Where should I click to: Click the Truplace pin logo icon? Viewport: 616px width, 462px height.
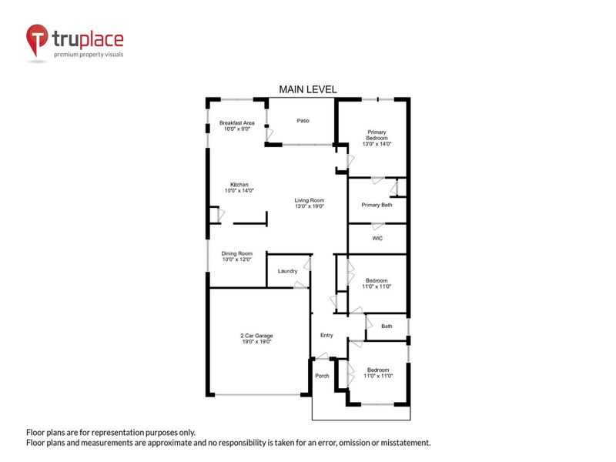point(37,40)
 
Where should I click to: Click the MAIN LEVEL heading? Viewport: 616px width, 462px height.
point(308,90)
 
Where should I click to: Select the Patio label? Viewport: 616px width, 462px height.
point(304,121)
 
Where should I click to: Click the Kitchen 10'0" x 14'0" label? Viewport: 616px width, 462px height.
point(239,187)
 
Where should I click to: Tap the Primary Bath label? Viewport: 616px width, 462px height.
point(377,204)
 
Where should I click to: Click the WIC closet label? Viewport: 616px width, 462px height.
point(377,238)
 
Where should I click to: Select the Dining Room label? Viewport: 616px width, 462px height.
point(236,256)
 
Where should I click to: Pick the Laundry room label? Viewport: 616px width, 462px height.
point(288,271)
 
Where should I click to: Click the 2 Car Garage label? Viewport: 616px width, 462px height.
point(256,336)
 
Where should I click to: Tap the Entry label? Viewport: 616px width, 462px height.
point(326,335)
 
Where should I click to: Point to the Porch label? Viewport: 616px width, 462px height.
point(322,376)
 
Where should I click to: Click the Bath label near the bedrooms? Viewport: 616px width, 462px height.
point(387,326)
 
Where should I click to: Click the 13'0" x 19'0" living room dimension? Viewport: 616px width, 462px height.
point(309,206)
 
